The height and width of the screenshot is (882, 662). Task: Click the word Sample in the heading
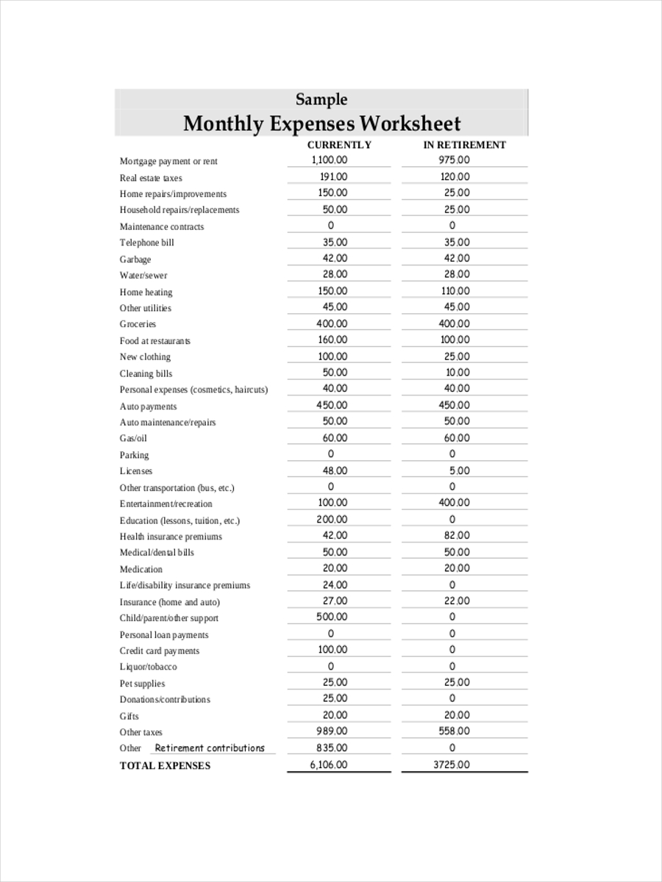point(321,99)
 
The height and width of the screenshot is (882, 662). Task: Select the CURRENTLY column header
point(339,145)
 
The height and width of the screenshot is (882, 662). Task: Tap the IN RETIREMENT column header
point(464,145)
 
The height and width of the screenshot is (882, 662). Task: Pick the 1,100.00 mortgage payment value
point(329,160)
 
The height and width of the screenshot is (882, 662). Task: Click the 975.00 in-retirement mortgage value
point(454,160)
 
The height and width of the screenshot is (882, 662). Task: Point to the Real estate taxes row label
point(151,178)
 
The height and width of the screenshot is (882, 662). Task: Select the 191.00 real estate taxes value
point(334,176)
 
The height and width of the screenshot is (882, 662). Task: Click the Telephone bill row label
point(147,243)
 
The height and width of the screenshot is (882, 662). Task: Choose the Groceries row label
point(138,324)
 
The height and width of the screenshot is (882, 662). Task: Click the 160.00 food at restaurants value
point(332,340)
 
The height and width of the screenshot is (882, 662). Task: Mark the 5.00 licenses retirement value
point(460,470)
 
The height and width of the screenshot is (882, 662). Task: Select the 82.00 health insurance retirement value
point(457,536)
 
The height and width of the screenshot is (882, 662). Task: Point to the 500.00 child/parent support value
point(332,617)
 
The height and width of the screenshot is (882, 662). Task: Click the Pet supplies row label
point(142,684)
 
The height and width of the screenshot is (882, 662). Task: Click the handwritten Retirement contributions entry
point(210,748)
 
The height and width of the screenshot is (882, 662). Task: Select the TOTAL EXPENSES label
point(165,766)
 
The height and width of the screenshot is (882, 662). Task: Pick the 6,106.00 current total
point(328,765)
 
